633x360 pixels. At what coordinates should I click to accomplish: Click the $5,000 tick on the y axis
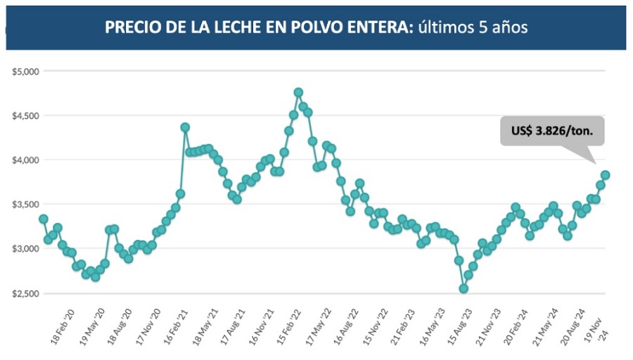click(25, 71)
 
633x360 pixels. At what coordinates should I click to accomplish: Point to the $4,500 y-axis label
click(25, 115)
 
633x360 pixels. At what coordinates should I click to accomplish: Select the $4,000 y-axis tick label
click(25, 160)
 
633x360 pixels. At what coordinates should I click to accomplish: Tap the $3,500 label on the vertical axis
click(25, 205)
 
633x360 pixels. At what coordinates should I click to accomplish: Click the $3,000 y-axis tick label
click(25, 249)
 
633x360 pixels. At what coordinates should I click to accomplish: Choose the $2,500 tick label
click(25, 293)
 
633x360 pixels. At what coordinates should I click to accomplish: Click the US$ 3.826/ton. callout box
click(552, 131)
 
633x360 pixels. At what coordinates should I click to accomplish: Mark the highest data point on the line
click(298, 92)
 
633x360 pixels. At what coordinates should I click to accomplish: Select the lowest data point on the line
click(463, 288)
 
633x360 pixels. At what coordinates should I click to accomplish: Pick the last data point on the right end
click(605, 175)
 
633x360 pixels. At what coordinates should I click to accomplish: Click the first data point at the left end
click(44, 219)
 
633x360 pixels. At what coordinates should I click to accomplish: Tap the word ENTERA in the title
click(369, 27)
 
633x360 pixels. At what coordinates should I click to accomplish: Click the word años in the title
click(506, 27)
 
